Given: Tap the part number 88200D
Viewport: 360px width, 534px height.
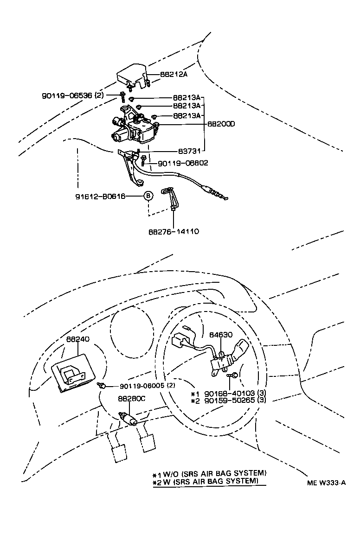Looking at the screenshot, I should tap(221, 124).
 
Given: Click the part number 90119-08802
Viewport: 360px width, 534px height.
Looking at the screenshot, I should tap(183, 163).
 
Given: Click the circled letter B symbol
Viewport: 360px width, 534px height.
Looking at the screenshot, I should tap(148, 196).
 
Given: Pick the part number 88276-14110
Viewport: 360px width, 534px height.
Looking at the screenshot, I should tap(174, 230).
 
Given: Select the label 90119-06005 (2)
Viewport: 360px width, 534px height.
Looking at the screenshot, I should tap(148, 386).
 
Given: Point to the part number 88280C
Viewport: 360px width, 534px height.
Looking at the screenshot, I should tap(131, 399).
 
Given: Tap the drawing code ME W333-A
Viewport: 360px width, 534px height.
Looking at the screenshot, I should tap(326, 483).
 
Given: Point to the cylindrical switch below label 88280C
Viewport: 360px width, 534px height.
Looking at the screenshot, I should tap(129, 419).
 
